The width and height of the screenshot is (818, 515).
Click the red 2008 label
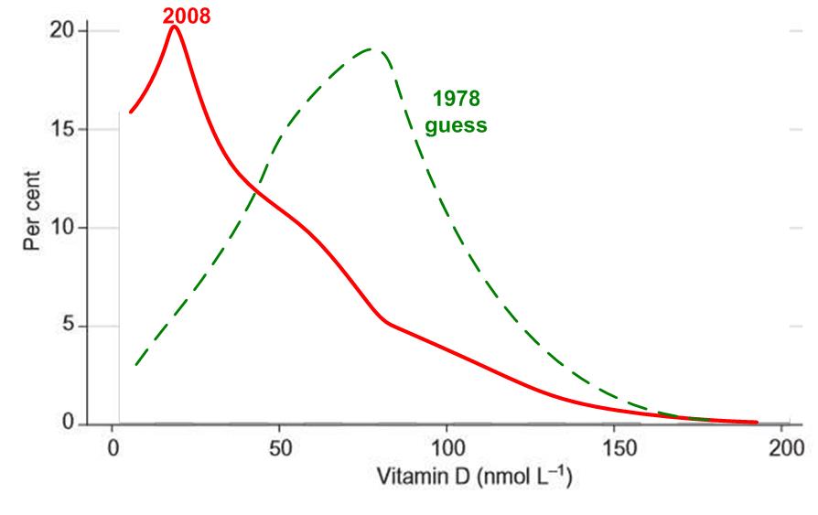(x=187, y=15)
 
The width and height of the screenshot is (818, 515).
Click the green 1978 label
(x=456, y=99)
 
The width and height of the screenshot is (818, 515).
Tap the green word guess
(x=456, y=126)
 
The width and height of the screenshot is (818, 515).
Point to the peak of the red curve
(x=174, y=26)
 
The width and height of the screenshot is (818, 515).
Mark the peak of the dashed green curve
(x=371, y=48)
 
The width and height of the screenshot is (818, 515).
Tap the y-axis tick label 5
(x=70, y=327)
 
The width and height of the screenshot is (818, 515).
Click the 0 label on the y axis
(x=70, y=424)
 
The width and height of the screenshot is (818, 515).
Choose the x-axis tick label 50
(x=279, y=449)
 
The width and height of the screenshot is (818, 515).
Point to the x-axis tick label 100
(x=447, y=449)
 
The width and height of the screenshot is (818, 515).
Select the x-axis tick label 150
(x=615, y=449)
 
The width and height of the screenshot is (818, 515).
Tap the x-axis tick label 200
(x=782, y=449)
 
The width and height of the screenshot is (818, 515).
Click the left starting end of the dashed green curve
(x=135, y=364)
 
